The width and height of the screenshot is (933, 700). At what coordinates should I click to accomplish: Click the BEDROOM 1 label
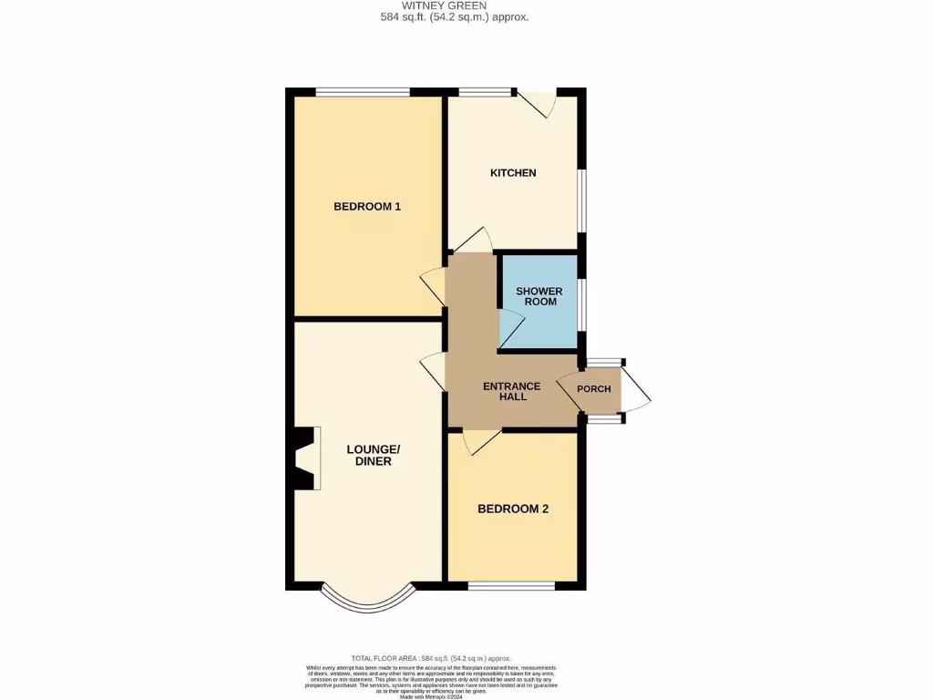pos(367,206)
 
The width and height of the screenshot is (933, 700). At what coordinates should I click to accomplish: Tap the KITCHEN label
pos(513,173)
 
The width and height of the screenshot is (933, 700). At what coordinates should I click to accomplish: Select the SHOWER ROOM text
pos(539,296)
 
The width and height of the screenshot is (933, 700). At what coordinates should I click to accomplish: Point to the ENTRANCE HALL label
pos(511,391)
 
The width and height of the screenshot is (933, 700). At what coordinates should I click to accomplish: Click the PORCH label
pos(594,389)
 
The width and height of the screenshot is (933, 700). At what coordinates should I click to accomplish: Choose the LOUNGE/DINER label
pos(374,455)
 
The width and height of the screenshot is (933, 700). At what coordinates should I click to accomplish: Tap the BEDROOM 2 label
pos(513,510)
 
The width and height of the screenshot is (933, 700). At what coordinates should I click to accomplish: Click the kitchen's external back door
pos(538,103)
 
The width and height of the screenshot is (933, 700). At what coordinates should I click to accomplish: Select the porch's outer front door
pos(637,391)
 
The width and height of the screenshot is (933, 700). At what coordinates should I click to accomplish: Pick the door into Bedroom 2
pos(479,442)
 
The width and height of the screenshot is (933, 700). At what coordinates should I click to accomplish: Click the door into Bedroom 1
pos(432,286)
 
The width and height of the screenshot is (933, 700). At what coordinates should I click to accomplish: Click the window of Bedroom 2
pos(511,584)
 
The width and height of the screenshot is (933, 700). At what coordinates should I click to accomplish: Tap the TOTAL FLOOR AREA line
pos(432,658)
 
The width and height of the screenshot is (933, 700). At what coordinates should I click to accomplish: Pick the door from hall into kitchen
pos(472,242)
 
